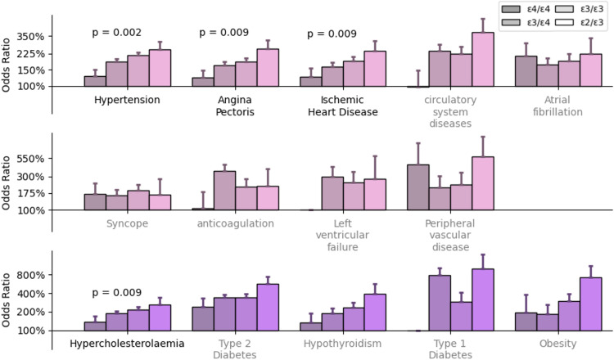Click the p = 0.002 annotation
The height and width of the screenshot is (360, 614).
[x=116, y=33]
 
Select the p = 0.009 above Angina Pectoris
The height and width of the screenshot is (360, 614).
[x=223, y=33]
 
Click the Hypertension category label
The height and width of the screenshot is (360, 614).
[x=126, y=101]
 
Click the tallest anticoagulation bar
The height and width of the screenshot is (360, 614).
[x=224, y=190]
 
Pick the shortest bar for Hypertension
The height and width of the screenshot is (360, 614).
[x=94, y=81]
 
